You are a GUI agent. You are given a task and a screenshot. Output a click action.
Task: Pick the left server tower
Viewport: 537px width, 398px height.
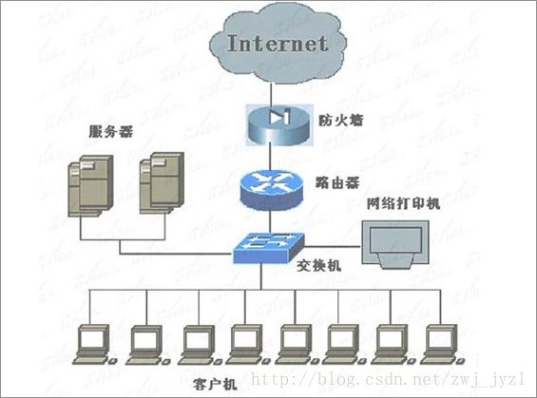point(93,187)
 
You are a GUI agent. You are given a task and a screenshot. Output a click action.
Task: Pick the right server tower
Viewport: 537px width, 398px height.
point(160,185)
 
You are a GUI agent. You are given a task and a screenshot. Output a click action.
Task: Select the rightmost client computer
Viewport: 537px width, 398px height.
point(439,343)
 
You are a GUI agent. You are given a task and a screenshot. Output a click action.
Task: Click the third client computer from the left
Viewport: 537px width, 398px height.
point(194,343)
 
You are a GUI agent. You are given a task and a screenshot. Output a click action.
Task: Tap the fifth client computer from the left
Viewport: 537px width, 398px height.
point(294,343)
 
